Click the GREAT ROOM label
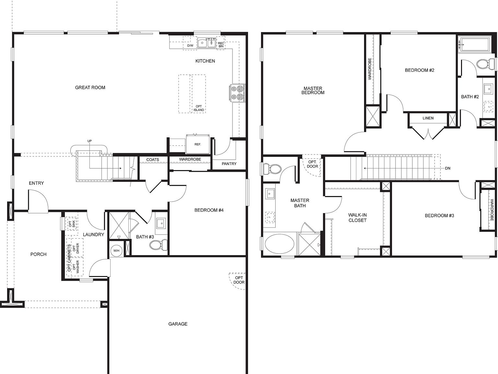tap(90, 87)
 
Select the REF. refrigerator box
tap(197, 144)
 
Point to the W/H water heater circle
tap(116, 250)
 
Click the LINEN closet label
tap(428, 118)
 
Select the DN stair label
tap(447, 168)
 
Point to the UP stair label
tap(89, 141)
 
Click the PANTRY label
tap(229, 164)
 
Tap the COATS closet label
tap(152, 160)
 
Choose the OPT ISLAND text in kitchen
tap(199, 108)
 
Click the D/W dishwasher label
tap(190, 46)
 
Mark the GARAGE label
tap(178, 324)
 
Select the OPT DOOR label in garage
tap(239, 280)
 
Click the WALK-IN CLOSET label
tap(357, 218)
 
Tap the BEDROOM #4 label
tap(209, 210)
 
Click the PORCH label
tap(38, 254)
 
